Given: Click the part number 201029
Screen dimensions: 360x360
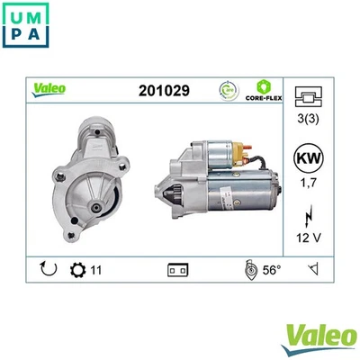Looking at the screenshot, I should coord(163,90).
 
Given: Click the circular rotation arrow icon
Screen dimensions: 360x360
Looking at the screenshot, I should coord(48,267).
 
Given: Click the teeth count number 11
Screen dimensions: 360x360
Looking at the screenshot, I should coord(96,268).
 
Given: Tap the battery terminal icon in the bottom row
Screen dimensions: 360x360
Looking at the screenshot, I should coord(176,268).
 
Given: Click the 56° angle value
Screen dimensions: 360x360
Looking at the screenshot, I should coord(270,268).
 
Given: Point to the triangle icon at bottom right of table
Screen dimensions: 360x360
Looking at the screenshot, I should coord(312,268).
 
